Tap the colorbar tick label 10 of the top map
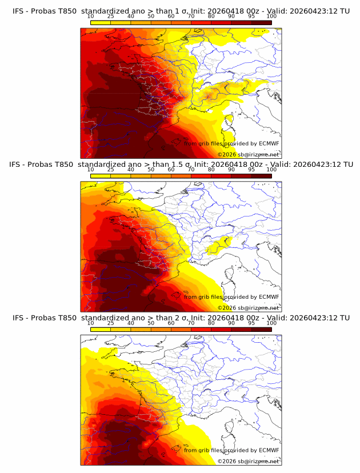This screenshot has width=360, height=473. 91,16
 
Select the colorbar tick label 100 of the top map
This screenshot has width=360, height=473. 271,16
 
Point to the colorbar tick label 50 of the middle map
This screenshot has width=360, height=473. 151,170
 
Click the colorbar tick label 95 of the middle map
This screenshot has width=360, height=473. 251,170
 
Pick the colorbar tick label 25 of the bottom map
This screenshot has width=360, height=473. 110,323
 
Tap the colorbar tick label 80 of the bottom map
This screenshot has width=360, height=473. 211,323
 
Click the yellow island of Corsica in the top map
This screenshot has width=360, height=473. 229,121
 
